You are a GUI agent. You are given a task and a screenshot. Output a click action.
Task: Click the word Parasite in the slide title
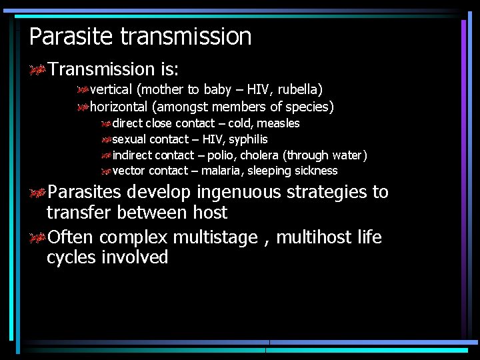(72, 36)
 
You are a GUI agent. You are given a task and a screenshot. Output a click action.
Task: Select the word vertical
(113, 89)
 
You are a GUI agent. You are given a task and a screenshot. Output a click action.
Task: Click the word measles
(278, 123)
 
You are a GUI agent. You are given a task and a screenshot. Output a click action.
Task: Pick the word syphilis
(248, 139)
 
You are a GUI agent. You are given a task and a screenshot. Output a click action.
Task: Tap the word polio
(220, 155)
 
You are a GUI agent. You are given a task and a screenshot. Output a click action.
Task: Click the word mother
(161, 89)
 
